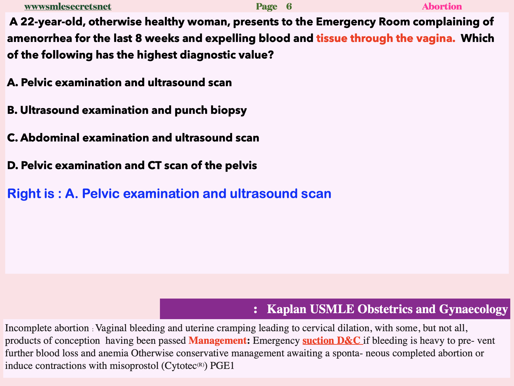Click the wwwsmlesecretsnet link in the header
pyautogui.click(x=68, y=7)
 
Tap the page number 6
pyautogui.click(x=289, y=7)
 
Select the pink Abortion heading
pyautogui.click(x=442, y=7)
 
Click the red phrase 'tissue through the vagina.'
pyautogui.click(x=386, y=38)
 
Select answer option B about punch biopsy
pyautogui.click(x=127, y=110)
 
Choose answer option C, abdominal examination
pyautogui.click(x=133, y=138)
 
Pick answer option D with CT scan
pyautogui.click(x=132, y=166)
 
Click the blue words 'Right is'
pyautogui.click(x=31, y=194)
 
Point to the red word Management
pyautogui.click(x=217, y=341)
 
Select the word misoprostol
pyautogui.click(x=134, y=366)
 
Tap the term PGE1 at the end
pyautogui.click(x=222, y=366)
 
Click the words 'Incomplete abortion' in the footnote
pyautogui.click(x=47, y=328)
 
